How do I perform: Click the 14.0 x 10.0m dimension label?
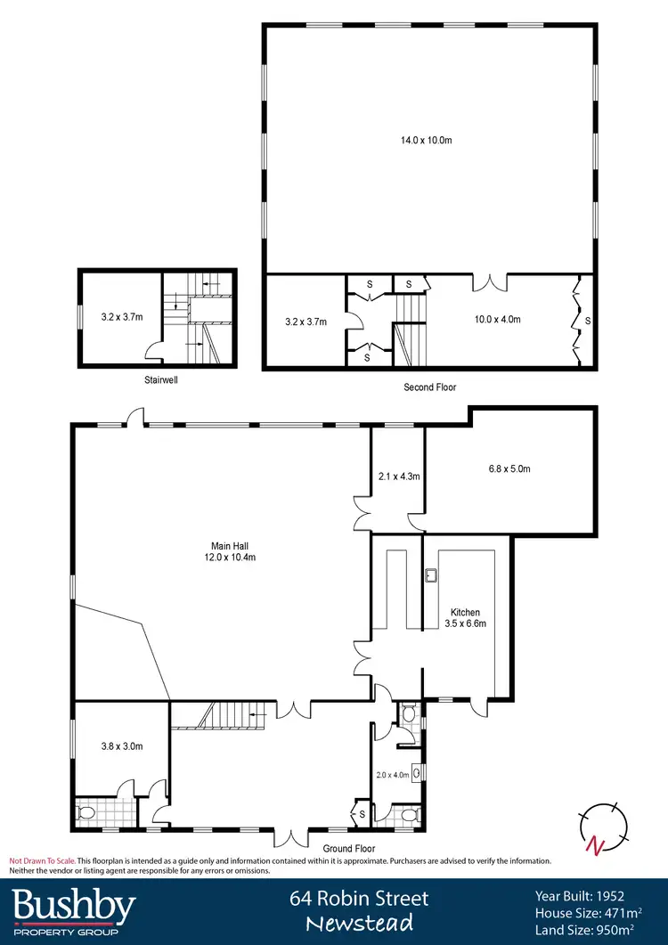(429, 140)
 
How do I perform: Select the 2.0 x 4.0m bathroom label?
(392, 775)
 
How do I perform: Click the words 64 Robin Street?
(359, 899)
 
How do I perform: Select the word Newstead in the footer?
(359, 924)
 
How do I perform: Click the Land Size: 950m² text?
(588, 929)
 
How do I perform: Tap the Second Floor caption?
(429, 387)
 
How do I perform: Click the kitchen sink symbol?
(432, 574)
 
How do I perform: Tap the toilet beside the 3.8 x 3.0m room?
(88, 813)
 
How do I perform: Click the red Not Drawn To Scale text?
(42, 861)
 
